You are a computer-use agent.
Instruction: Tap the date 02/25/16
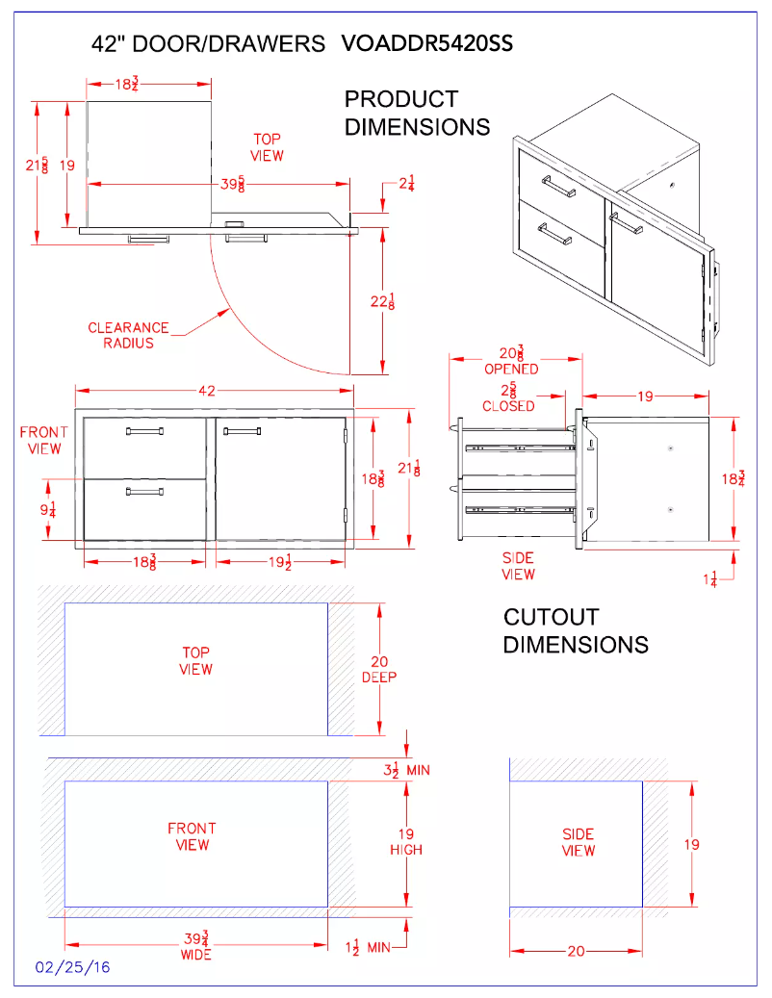(x=73, y=967)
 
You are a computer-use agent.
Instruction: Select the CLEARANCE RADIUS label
(x=128, y=335)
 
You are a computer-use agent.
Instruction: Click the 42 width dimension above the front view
(x=206, y=390)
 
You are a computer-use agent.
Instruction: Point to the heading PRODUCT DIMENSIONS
(x=417, y=113)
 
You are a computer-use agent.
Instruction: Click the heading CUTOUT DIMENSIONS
(x=576, y=630)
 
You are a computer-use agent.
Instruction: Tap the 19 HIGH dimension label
(x=405, y=842)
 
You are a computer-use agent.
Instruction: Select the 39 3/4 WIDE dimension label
(x=195, y=945)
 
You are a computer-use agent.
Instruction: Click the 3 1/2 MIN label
(x=405, y=769)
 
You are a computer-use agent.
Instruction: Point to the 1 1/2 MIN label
(x=367, y=947)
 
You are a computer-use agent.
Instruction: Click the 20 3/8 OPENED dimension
(x=511, y=360)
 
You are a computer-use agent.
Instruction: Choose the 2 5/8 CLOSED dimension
(x=508, y=397)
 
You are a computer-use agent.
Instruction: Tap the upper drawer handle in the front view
(x=144, y=431)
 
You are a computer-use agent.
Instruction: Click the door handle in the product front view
(x=244, y=431)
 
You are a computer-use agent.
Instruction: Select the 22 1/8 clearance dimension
(x=384, y=301)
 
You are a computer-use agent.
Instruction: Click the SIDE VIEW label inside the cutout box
(x=578, y=842)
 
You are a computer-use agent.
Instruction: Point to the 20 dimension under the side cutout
(x=576, y=951)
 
